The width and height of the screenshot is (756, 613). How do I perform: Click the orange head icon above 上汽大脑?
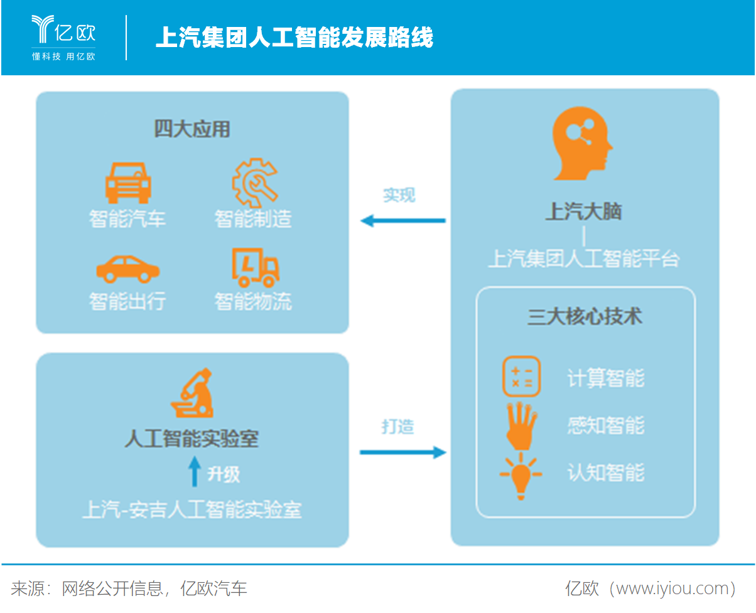click(x=582, y=143)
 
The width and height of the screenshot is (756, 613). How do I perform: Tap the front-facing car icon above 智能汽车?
click(x=128, y=183)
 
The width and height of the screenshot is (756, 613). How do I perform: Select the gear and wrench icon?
click(x=254, y=183)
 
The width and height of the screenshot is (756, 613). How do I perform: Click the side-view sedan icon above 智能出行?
click(x=127, y=269)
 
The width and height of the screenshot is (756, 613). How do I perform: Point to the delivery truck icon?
click(x=255, y=268)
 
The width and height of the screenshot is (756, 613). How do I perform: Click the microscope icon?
click(x=193, y=393)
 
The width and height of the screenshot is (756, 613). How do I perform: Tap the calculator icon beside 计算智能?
click(x=521, y=376)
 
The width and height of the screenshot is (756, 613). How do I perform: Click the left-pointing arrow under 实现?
click(x=403, y=220)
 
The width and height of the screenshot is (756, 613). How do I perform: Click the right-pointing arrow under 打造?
click(x=403, y=452)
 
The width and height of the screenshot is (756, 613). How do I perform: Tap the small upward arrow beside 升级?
click(x=195, y=471)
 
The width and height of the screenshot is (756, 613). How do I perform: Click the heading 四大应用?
click(x=192, y=129)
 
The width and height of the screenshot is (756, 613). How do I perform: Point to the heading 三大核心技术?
click(x=585, y=316)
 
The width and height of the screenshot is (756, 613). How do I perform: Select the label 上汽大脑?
click(x=583, y=211)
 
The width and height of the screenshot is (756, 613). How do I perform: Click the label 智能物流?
click(x=253, y=301)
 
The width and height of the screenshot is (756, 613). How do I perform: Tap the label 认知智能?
click(x=606, y=472)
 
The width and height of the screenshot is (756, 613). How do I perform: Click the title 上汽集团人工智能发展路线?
click(x=294, y=37)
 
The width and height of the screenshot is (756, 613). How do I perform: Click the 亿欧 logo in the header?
click(x=63, y=37)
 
